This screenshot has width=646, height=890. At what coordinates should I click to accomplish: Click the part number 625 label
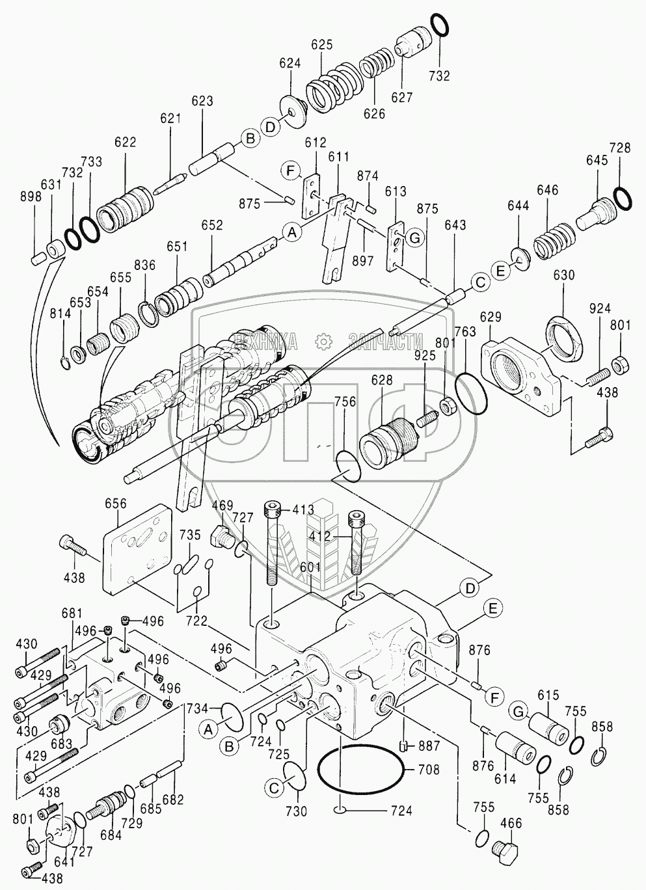[321, 45]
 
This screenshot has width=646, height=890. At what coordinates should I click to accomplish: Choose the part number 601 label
[310, 566]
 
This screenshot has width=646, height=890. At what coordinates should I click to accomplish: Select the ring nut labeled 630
[563, 331]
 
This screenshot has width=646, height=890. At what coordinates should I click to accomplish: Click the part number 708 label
[428, 770]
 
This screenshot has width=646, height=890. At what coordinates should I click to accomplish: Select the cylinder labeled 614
[516, 748]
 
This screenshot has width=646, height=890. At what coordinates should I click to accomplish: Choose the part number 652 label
[212, 226]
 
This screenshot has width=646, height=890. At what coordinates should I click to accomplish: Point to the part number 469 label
[223, 505]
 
